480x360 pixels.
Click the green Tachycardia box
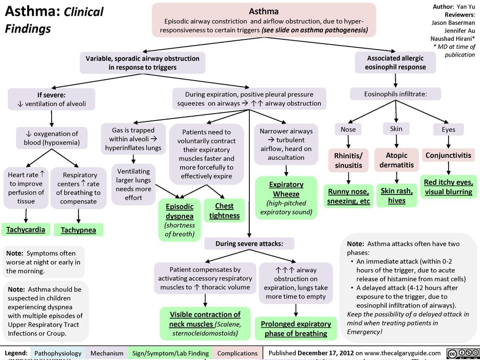tap(26, 229)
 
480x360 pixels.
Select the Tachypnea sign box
tap(78, 230)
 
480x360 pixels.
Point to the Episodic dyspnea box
tap(179, 220)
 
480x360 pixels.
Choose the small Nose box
tap(348, 129)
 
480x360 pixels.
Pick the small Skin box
tap(396, 128)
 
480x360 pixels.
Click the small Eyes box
tap(448, 129)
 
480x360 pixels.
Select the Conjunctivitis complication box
tap(448, 155)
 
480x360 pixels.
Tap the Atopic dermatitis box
tap(397, 160)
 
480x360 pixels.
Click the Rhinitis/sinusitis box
tap(348, 160)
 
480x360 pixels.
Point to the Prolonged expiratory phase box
tap(295, 329)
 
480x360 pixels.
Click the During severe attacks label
tap(249, 244)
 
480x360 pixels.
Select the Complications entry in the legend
tap(238, 353)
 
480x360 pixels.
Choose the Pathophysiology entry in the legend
tap(58, 353)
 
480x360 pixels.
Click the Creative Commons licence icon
tap(462, 353)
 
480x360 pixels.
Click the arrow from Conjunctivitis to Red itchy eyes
tap(449, 168)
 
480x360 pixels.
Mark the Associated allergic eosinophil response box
tap(396, 63)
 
